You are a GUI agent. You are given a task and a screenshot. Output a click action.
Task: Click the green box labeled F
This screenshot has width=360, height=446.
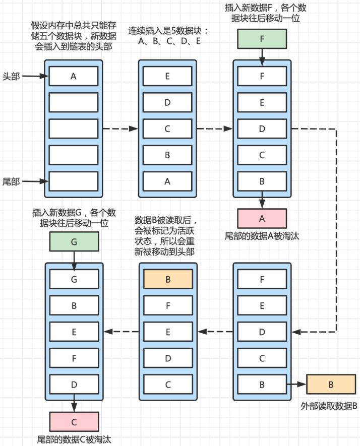pos(262,39)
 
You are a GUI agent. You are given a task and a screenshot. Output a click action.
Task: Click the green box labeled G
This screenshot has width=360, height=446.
pos(74,242)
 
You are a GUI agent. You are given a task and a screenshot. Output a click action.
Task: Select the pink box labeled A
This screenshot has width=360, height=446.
pos(262,218)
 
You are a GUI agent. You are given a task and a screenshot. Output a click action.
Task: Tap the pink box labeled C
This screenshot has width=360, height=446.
pos(74,421)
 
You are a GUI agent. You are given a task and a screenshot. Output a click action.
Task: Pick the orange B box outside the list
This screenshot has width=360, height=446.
pos(331,385)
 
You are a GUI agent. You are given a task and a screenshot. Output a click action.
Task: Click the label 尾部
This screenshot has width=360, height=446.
pos(11,181)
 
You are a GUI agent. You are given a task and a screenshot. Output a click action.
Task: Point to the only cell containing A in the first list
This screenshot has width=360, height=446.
pos(74,77)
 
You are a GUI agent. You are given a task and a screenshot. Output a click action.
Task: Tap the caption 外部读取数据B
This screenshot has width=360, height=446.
pos(329,406)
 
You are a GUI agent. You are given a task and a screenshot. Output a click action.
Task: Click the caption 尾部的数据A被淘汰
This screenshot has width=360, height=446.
pos(262,235)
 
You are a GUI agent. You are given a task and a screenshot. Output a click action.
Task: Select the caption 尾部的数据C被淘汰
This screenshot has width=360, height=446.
pos(74,439)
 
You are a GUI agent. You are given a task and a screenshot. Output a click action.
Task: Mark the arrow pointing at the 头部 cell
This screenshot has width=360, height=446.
pos(35,77)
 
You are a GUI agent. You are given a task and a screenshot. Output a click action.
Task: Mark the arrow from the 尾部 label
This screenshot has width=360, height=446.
pos(35,181)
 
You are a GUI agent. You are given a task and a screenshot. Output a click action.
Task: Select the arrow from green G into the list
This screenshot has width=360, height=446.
pos(74,261)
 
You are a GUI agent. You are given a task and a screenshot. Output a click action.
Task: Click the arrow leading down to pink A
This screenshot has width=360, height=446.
pos(262,200)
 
